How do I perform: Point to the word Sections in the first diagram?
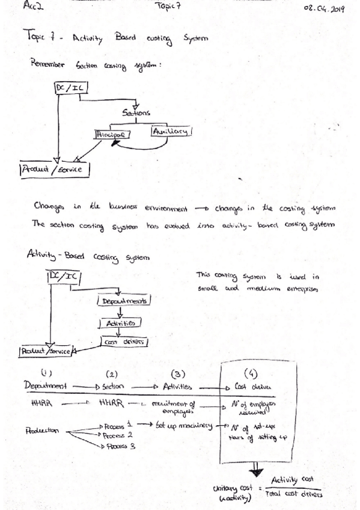[x=137, y=113]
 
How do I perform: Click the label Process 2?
[x=116, y=434]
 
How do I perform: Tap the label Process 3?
[x=118, y=446]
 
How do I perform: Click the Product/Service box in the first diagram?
[x=56, y=171]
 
